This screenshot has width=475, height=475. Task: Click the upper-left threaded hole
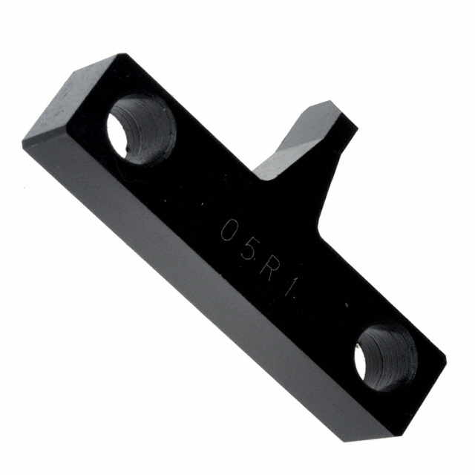click(x=142, y=129)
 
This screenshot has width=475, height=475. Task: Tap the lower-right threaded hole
click(x=386, y=356)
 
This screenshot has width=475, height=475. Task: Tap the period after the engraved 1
click(x=293, y=297)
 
